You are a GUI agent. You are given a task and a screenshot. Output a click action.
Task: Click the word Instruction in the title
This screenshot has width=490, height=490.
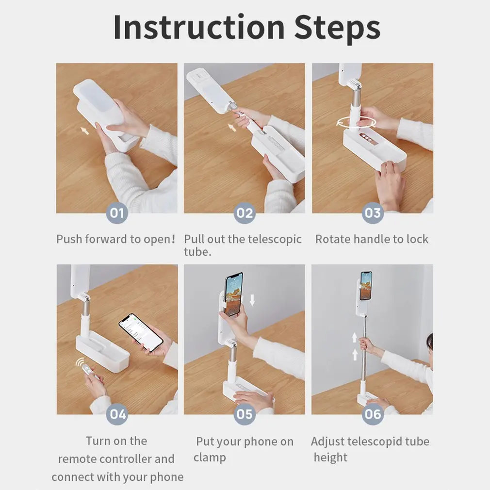pos(199,27)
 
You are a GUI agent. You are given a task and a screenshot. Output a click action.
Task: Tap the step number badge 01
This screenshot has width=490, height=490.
pos(117,213)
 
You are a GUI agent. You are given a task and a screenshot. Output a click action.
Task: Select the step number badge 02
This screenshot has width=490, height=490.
pos(245,213)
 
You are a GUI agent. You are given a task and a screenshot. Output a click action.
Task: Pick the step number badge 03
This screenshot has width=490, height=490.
pos(373,213)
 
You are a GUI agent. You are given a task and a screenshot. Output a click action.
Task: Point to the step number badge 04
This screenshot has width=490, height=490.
pos(117,414)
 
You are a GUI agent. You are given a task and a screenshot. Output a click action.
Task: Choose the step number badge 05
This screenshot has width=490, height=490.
pos(245,414)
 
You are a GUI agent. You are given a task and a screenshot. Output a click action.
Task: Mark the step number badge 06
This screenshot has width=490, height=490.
pos(373,414)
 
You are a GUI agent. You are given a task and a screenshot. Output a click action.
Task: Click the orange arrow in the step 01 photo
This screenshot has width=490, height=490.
pos(84,131)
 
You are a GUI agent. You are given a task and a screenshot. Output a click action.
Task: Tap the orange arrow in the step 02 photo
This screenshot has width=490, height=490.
pos(232,128)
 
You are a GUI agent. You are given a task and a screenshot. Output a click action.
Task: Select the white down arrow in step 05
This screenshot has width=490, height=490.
pos(252,300)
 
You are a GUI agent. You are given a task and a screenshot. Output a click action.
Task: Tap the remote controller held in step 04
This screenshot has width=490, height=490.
pos(88,371)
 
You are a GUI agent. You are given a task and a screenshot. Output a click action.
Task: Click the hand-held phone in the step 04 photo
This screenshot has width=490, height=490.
pos(141,332)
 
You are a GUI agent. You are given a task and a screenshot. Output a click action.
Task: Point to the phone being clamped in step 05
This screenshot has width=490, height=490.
pos(234,294)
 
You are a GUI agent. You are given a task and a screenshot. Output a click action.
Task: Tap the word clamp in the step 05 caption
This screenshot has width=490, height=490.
pos(210,458)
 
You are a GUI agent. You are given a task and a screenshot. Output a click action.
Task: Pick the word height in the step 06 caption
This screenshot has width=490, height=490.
pos(330,457)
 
